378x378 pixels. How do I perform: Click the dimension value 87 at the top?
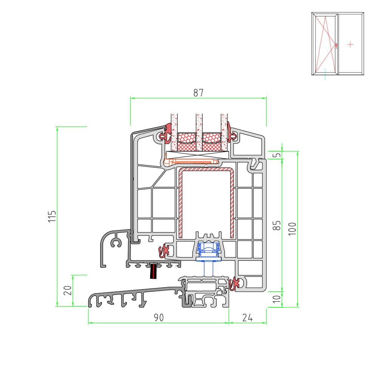pyautogui.click(x=198, y=93)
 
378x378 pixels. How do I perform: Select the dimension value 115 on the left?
pyautogui.click(x=52, y=216)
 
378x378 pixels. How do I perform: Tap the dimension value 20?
pyautogui.click(x=68, y=290)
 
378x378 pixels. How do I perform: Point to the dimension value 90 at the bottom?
pyautogui.click(x=159, y=318)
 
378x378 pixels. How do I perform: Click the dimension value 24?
pyautogui.click(x=247, y=318)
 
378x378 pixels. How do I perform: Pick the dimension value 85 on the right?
pyautogui.click(x=277, y=225)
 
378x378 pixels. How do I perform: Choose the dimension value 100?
pyautogui.click(x=292, y=229)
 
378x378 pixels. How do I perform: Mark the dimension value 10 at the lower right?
pyautogui.click(x=277, y=299)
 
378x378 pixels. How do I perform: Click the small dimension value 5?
pyautogui.click(x=278, y=155)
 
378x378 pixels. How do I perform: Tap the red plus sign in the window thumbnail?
pyautogui.click(x=350, y=44)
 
